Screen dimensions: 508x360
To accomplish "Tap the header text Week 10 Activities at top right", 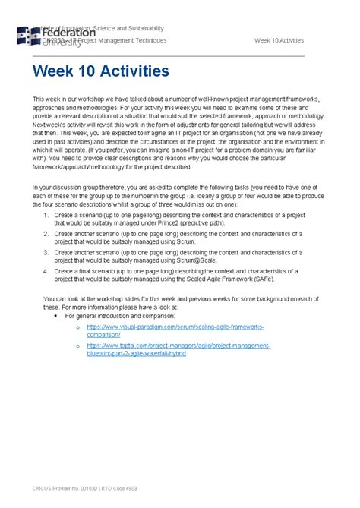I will tap(279, 40).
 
